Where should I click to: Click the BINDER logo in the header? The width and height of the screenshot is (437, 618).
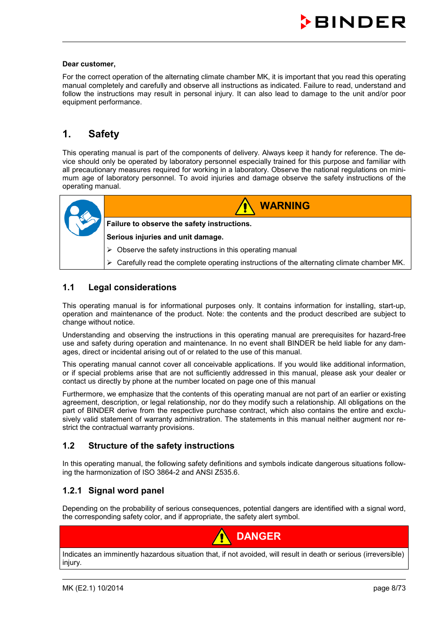click(x=353, y=22)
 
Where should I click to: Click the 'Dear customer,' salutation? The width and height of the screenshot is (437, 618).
click(x=89, y=64)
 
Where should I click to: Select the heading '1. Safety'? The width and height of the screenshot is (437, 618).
click(x=91, y=134)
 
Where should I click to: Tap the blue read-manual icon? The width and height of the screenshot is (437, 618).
click(x=82, y=218)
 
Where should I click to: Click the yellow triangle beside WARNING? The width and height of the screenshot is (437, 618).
click(x=245, y=206)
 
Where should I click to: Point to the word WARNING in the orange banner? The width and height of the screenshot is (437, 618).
click(x=284, y=206)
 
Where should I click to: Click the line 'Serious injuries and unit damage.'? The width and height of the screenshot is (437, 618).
click(x=165, y=237)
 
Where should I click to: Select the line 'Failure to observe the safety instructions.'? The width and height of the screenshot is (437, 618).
click(x=179, y=224)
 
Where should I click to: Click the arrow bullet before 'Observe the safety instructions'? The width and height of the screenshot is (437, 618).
click(x=110, y=250)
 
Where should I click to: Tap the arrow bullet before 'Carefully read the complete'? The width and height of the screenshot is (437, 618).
click(x=110, y=263)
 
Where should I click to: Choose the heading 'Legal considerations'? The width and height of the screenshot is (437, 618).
click(x=132, y=287)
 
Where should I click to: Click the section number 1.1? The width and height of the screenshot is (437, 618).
click(x=68, y=287)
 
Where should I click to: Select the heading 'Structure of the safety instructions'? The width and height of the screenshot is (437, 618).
click(x=161, y=446)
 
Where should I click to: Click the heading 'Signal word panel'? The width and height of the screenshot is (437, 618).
click(x=126, y=491)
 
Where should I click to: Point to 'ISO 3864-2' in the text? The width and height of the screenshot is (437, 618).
click(x=161, y=472)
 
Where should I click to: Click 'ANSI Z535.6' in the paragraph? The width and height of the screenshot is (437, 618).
click(x=217, y=472)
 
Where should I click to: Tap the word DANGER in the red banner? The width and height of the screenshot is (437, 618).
click(x=258, y=537)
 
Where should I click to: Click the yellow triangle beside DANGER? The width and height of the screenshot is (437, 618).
click(x=222, y=537)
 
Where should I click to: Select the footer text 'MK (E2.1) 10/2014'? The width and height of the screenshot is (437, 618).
click(x=93, y=588)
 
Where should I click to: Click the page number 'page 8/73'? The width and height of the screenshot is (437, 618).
click(x=389, y=588)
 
